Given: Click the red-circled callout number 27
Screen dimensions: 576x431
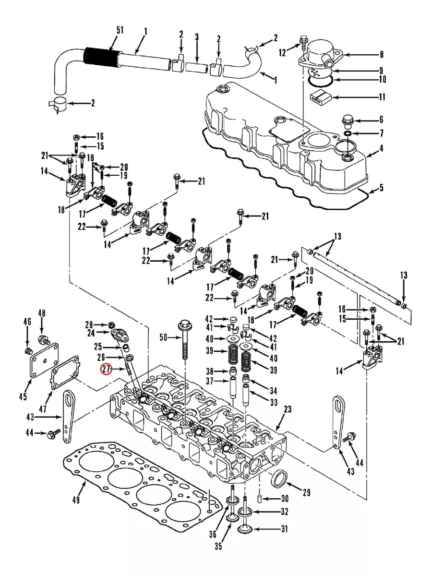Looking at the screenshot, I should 105,370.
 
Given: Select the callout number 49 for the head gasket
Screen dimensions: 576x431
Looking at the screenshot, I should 75,501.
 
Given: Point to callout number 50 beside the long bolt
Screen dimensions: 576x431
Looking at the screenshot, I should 163,338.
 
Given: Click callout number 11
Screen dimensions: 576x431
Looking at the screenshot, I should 382,97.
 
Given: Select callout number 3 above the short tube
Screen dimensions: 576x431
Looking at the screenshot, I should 197,37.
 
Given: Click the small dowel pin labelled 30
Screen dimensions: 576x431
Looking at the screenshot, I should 260,498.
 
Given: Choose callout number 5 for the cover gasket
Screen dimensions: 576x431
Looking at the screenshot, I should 382,188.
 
